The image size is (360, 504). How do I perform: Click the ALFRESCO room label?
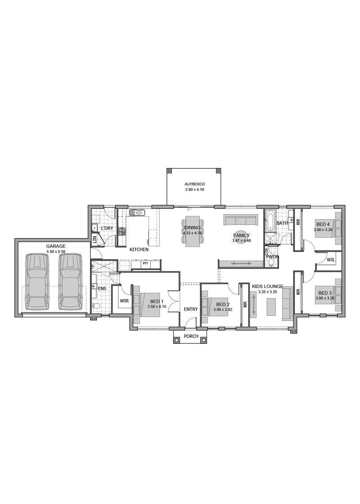coord(194,184)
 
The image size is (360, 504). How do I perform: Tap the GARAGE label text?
coord(56,246)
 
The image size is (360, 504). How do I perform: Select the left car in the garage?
coord(38,282)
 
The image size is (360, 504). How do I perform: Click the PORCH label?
coord(191,336)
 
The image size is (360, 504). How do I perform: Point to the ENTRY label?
coord(191,309)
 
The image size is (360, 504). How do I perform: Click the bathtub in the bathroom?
coord(270,220)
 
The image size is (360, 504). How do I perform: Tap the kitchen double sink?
coord(138,212)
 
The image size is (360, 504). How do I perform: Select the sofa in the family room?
coord(240,220)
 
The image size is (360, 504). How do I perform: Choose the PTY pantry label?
coord(146,263)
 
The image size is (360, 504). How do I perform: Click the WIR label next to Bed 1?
coord(124,301)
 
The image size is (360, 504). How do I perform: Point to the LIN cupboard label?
coord(94,239)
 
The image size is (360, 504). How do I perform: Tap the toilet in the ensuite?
coord(95,306)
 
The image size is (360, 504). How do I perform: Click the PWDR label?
coord(272,256)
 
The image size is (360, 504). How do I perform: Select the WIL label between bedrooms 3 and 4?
coord(331,259)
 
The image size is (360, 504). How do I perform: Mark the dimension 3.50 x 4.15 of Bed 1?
coord(157,306)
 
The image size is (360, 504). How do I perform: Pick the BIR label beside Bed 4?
coord(298,221)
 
